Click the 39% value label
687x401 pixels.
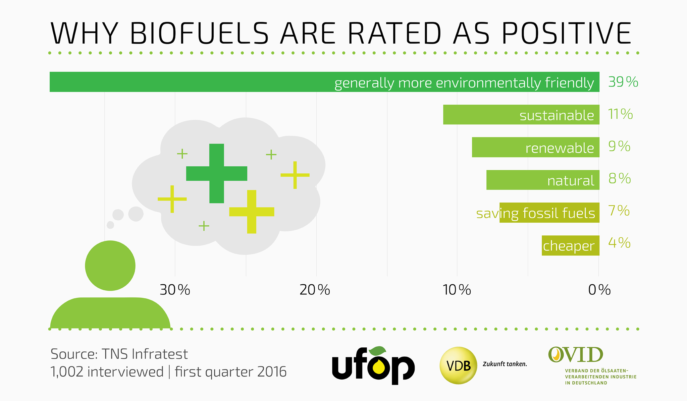coord(623,82)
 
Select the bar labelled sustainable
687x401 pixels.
coord(521,115)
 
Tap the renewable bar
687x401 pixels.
coord(535,147)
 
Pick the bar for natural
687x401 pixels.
coord(543,180)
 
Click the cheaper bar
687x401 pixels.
coord(570,245)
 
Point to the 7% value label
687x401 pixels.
coord(619,211)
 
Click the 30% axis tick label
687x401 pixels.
coord(175,290)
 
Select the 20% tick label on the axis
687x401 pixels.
coord(315,290)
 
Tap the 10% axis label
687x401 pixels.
coord(457,290)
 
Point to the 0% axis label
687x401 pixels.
coord(599,290)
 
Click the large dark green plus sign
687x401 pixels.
coord(217,173)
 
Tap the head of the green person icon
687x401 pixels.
coord(110,266)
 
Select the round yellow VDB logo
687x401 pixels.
coord(458,365)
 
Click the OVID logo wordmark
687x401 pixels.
coord(576,355)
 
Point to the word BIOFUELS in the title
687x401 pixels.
coord(199,34)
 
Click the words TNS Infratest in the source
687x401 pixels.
coord(145,354)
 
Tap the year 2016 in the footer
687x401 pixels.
coord(272,372)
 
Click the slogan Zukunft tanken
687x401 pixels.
coord(505,364)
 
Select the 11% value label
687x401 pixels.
coord(620,114)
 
